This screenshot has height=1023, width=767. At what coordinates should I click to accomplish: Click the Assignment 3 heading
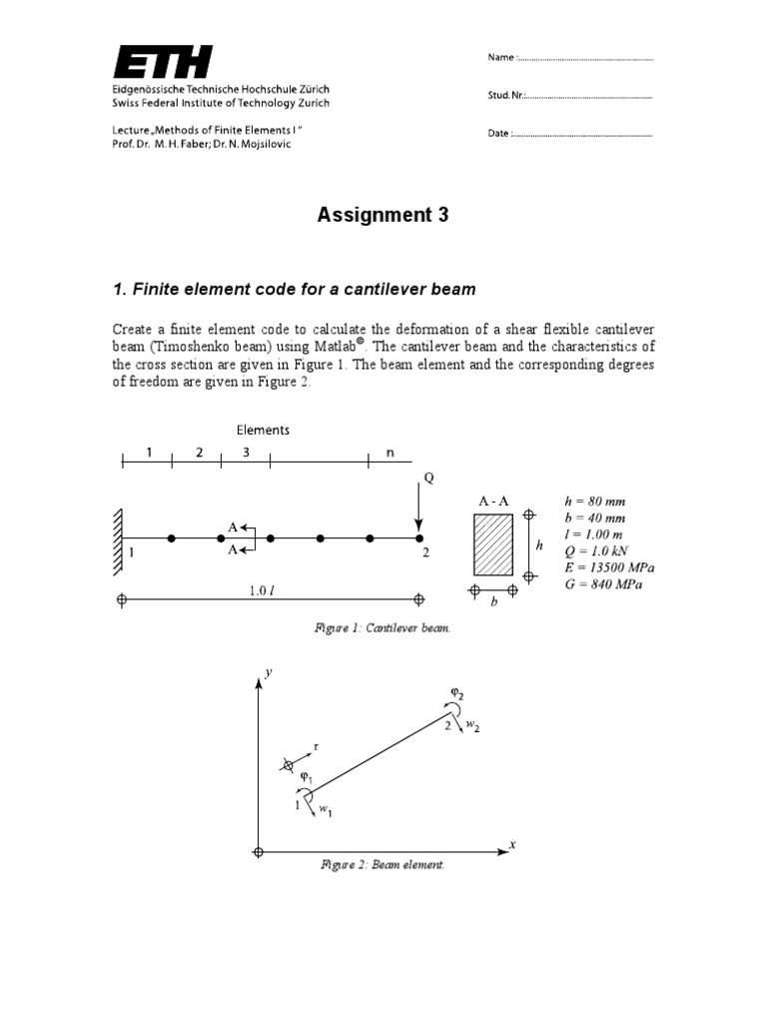tap(383, 215)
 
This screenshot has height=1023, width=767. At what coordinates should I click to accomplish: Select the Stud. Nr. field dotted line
tap(589, 97)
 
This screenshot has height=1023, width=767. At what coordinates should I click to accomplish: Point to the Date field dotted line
tap(583, 134)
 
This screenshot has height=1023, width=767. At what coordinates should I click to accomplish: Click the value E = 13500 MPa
tap(610, 567)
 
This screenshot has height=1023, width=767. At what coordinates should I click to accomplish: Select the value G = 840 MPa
tap(603, 584)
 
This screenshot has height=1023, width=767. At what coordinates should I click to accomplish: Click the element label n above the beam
tap(390, 452)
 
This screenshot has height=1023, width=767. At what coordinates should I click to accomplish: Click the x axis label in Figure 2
tap(512, 844)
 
